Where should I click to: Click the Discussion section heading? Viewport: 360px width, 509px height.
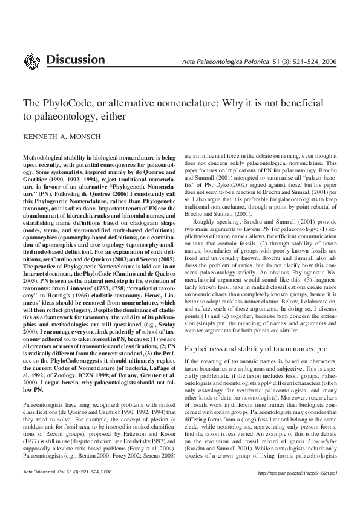click(75, 60)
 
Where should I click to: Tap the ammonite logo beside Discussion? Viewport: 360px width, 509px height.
click(31, 60)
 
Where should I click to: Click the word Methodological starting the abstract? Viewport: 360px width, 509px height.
click(46, 156)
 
